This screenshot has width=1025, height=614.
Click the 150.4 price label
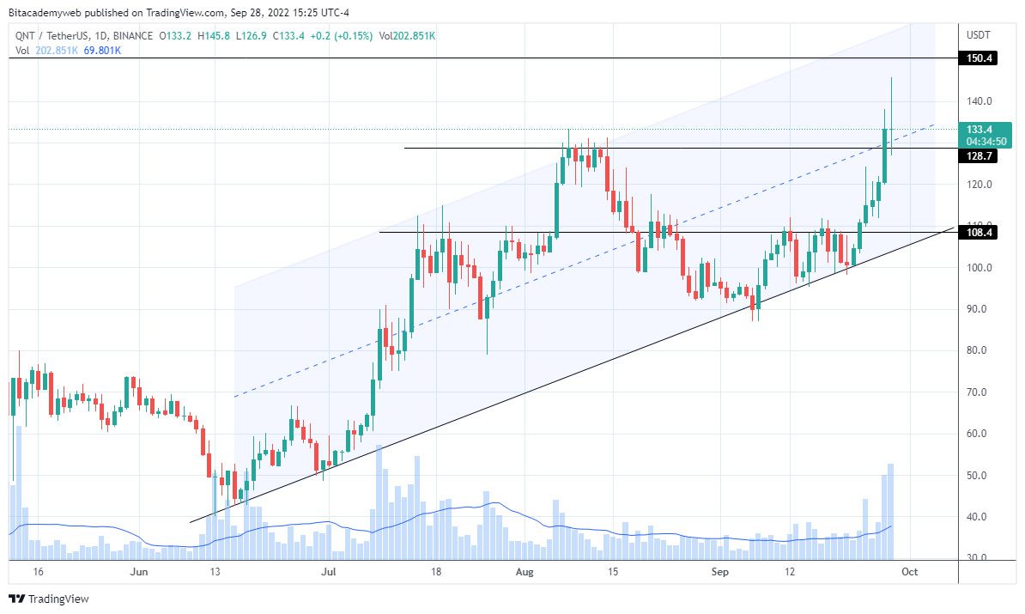click(x=980, y=58)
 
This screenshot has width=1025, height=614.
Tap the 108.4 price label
click(x=980, y=233)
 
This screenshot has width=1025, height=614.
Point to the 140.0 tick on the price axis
click(x=980, y=101)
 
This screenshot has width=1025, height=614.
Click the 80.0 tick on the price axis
click(x=980, y=350)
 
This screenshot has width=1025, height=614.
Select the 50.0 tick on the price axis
click(x=980, y=476)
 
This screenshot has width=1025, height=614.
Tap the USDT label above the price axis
click(x=979, y=35)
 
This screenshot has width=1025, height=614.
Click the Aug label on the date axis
click(x=525, y=571)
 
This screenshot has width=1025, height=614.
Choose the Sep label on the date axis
click(x=719, y=571)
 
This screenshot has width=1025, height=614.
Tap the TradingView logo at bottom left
click(x=49, y=599)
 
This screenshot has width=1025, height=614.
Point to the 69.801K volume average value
click(x=102, y=51)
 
